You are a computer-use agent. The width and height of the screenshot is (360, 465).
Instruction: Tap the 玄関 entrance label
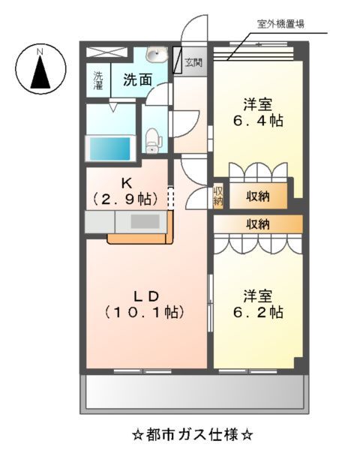coord(193,62)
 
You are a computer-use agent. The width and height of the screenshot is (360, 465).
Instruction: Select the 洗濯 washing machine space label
coord(98,79)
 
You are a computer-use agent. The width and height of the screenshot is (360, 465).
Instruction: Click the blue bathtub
coord(110,148)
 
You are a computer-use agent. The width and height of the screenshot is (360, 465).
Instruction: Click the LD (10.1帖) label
coord(145,301)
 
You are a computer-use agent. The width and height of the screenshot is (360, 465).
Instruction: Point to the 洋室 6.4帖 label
coord(256,113)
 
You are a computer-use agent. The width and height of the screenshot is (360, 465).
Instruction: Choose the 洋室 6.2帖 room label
coord(256,302)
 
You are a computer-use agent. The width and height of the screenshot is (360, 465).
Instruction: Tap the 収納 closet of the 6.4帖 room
coord(257,196)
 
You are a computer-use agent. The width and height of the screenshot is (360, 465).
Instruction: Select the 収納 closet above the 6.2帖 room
coord(257,223)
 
